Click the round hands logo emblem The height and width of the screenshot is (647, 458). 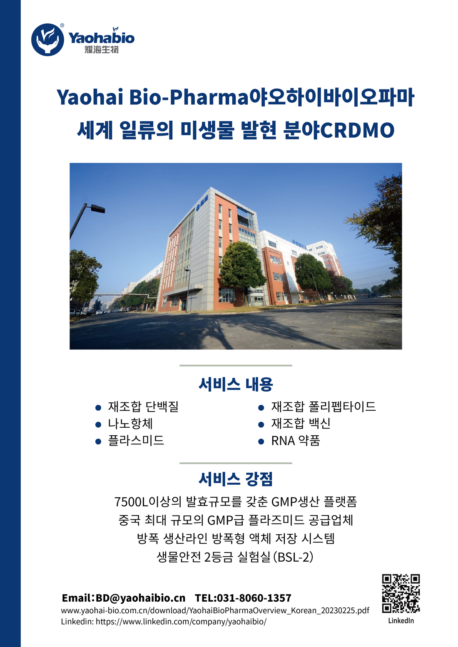(x=47, y=40)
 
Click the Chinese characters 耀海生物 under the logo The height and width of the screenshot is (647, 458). (x=102, y=50)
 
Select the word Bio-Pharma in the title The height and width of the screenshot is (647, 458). (x=189, y=97)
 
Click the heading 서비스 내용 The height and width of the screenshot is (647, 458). (x=236, y=384)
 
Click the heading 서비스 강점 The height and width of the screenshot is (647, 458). (x=236, y=479)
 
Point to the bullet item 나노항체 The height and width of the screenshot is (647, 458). (x=130, y=424)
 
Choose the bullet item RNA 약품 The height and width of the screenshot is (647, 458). (x=296, y=441)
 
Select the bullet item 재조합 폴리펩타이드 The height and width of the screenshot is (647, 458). (x=324, y=407)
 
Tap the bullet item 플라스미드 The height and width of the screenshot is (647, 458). (x=136, y=441)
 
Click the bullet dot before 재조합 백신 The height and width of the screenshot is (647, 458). (x=261, y=424)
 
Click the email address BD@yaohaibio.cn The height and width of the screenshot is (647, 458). (x=140, y=598)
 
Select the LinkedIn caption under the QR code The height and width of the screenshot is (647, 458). (x=401, y=621)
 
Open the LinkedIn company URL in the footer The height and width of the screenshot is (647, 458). (x=181, y=621)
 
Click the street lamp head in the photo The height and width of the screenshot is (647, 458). (x=98, y=208)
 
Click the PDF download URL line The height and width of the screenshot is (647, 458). (x=215, y=610)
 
